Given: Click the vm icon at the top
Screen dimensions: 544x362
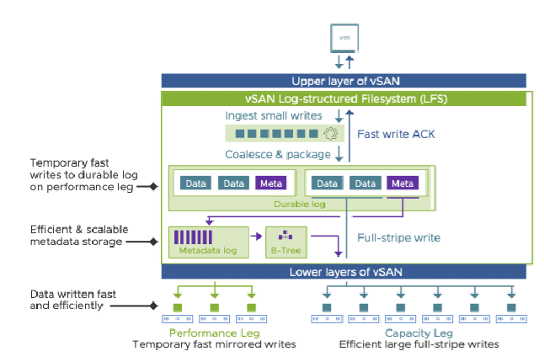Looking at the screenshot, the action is [344, 38].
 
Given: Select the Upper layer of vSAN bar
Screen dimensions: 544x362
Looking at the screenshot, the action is [344, 81].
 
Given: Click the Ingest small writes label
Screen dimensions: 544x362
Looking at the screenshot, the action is [274, 115].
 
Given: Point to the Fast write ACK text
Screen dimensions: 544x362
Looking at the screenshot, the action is [396, 134].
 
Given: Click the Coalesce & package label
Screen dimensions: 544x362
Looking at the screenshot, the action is [278, 154].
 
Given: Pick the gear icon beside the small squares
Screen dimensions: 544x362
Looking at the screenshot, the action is [331, 134].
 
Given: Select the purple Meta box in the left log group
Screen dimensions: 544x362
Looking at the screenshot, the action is [271, 183].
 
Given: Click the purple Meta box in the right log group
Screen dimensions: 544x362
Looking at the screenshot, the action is [403, 183].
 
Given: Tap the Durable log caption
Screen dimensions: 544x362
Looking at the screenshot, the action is [300, 204].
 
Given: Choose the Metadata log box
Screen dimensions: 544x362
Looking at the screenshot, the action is [209, 242].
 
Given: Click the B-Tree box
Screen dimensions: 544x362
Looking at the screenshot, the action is [286, 242].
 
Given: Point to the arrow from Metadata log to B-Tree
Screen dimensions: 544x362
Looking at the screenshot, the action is [256, 237].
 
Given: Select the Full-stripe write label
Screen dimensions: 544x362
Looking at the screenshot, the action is [398, 237].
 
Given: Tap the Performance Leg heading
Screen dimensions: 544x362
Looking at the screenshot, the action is [215, 333].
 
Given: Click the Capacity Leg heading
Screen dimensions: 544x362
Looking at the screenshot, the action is [419, 333].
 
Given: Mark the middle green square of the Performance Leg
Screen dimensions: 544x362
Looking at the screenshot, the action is [215, 307].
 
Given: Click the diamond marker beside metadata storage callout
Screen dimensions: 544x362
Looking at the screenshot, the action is [154, 242].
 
